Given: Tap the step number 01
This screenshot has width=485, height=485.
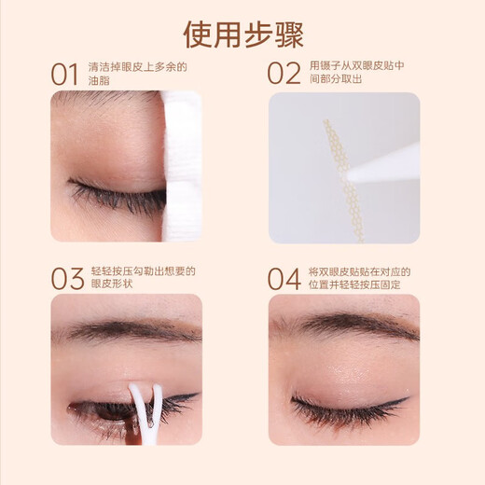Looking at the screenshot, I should click(x=64, y=74).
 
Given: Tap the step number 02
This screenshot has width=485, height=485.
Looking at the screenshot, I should click(x=284, y=74).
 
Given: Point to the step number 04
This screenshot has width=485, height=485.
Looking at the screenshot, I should click(x=284, y=279).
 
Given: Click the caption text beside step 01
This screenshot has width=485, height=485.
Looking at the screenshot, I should click(x=137, y=74).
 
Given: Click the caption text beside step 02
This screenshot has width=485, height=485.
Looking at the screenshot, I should click(x=356, y=74).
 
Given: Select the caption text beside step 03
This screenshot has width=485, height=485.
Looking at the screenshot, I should click(x=142, y=279).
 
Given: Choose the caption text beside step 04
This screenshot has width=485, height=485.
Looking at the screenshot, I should click(x=359, y=279).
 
